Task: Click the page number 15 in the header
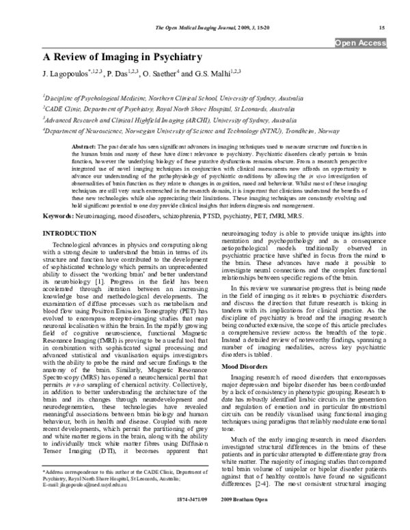(381, 27)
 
